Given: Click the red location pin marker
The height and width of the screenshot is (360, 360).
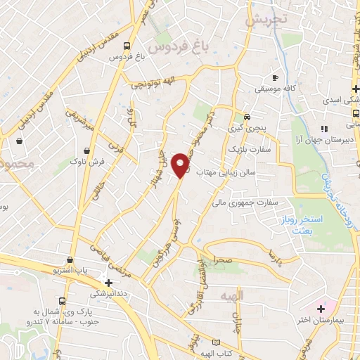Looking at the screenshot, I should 181,165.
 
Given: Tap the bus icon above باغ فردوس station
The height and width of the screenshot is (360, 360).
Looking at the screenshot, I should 127,47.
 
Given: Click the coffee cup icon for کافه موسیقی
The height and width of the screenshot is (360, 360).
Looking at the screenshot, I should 275,77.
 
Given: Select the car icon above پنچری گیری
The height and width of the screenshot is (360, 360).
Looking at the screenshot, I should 246,117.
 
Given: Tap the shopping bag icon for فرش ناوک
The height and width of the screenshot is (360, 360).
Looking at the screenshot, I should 87,150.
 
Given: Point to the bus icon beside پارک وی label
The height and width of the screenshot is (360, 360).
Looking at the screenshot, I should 62,302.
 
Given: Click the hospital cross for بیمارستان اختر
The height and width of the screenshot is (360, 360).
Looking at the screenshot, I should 321,308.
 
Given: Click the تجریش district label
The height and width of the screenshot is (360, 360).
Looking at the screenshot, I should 266,20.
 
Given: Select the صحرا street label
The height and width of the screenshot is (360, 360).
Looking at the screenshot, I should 224,259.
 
